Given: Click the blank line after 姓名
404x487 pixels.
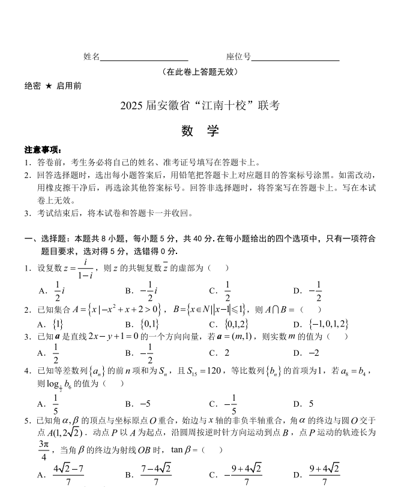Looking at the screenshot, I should click(144, 58).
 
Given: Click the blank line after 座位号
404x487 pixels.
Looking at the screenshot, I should click(295, 58).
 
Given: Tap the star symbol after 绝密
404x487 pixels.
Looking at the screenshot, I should click(49, 86).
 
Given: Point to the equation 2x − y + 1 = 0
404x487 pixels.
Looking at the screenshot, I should click(110, 337).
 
